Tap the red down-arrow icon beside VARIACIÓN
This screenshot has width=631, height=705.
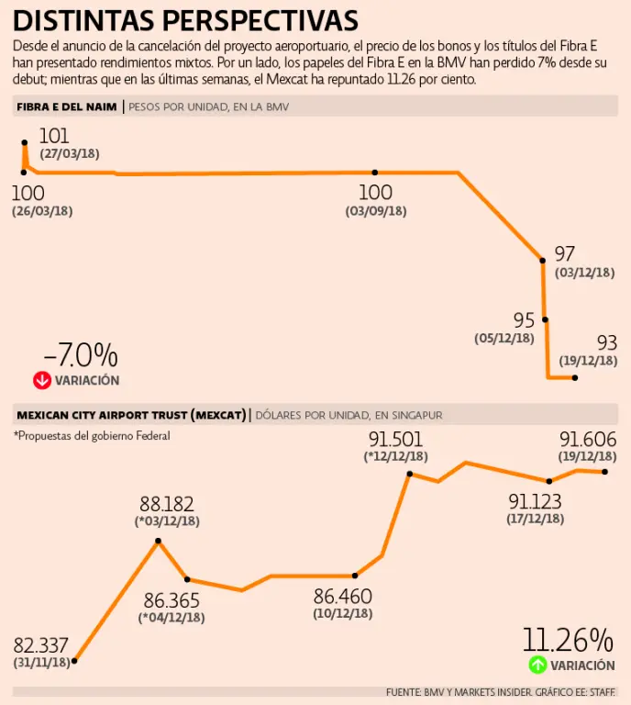40,380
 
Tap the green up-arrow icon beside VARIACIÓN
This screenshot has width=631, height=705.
537,666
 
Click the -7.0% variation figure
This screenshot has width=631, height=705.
81,355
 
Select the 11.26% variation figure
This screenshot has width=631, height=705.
568,640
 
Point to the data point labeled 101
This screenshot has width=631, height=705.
25,143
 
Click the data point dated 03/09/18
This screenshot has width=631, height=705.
375,173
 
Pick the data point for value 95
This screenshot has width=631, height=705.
546,319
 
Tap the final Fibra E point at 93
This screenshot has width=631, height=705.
575,377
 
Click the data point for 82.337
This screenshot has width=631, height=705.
74,660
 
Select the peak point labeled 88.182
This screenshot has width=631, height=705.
159,541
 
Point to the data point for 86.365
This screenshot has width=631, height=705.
187,579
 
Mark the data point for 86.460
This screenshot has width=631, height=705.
355,576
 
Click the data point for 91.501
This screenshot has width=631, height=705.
410,474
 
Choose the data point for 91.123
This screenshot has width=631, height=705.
548,481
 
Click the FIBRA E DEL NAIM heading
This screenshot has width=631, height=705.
67,107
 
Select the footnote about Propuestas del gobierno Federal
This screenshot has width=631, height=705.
92,436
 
